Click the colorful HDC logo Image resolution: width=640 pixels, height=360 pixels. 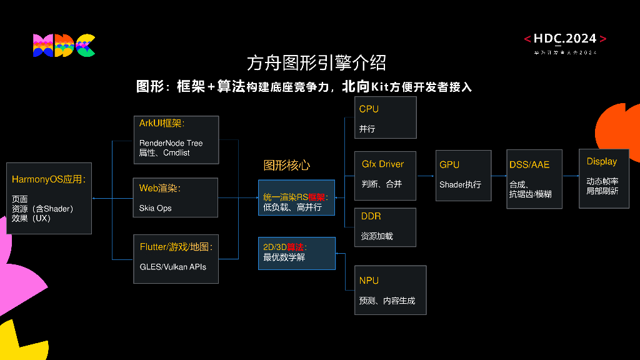tap(64, 46)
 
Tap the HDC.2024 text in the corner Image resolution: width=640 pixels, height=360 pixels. tap(565, 39)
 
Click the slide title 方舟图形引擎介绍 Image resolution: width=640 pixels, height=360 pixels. tap(316, 62)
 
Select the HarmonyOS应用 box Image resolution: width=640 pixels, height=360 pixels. tap(49, 198)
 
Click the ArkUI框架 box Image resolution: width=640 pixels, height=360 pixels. tap(176, 139)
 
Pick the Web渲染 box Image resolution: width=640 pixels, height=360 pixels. tap(176, 197)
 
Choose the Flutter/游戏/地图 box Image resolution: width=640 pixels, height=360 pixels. tap(176, 258)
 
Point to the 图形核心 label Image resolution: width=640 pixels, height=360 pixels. tap(287, 166)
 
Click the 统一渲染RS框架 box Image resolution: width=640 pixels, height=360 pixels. tap(296, 197)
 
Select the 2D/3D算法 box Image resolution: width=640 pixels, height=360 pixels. tap(296, 252)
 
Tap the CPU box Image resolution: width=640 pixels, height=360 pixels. tap(385, 117)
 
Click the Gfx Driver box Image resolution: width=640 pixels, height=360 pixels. tap(385, 176)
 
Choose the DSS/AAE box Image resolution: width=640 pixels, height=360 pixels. tap(534, 178)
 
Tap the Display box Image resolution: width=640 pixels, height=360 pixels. tap(603, 178)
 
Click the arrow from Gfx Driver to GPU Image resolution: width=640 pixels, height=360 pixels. tap(426, 176)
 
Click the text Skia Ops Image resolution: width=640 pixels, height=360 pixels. tap(156, 208)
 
